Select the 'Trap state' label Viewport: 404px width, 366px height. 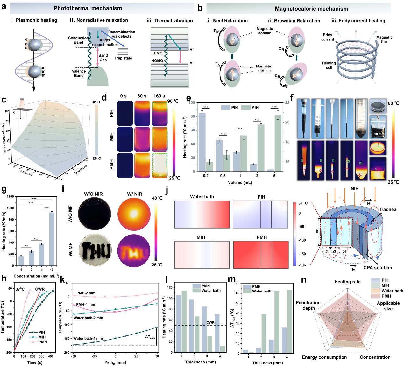pos(123,58)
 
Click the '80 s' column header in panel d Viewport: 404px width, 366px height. pos(142,96)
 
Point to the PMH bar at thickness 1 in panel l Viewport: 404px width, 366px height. pos(178,324)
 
